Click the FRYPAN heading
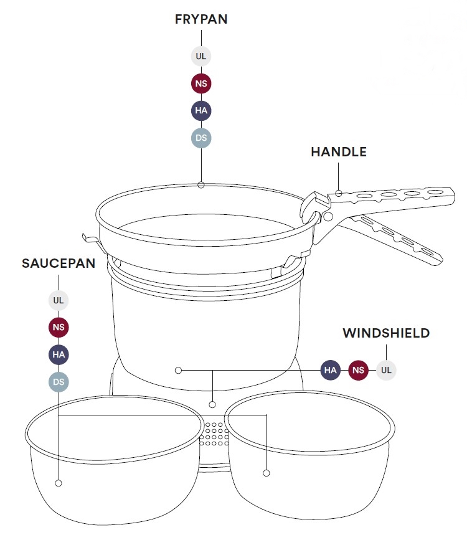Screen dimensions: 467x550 pos(201,19)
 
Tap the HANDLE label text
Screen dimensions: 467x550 pos(339,152)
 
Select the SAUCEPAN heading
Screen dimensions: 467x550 pos(59,263)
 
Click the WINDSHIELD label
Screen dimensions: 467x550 pos(386,333)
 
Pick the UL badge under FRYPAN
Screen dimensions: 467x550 pos(201,56)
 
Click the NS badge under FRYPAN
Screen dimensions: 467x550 pos(201,83)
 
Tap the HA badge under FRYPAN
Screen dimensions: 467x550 pos(201,110)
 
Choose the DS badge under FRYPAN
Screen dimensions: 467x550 pos(201,138)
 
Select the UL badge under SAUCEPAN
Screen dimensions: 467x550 pos(59,300)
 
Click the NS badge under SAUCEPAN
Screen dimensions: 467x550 pos(59,327)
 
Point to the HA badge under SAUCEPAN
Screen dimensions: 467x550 pos(59,354)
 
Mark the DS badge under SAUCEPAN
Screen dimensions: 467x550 pos(59,382)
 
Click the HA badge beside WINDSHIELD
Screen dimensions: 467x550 pos(330,370)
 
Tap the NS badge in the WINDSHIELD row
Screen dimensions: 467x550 pos(358,370)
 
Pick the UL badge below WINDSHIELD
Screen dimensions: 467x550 pos(386,370)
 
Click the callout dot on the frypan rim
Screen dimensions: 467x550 pos(201,185)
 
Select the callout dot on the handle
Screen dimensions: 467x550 pos(338,193)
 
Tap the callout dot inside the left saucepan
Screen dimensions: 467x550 pos(59,483)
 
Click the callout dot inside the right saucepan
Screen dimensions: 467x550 pos(267,473)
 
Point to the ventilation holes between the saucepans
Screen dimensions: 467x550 pos(214,434)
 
